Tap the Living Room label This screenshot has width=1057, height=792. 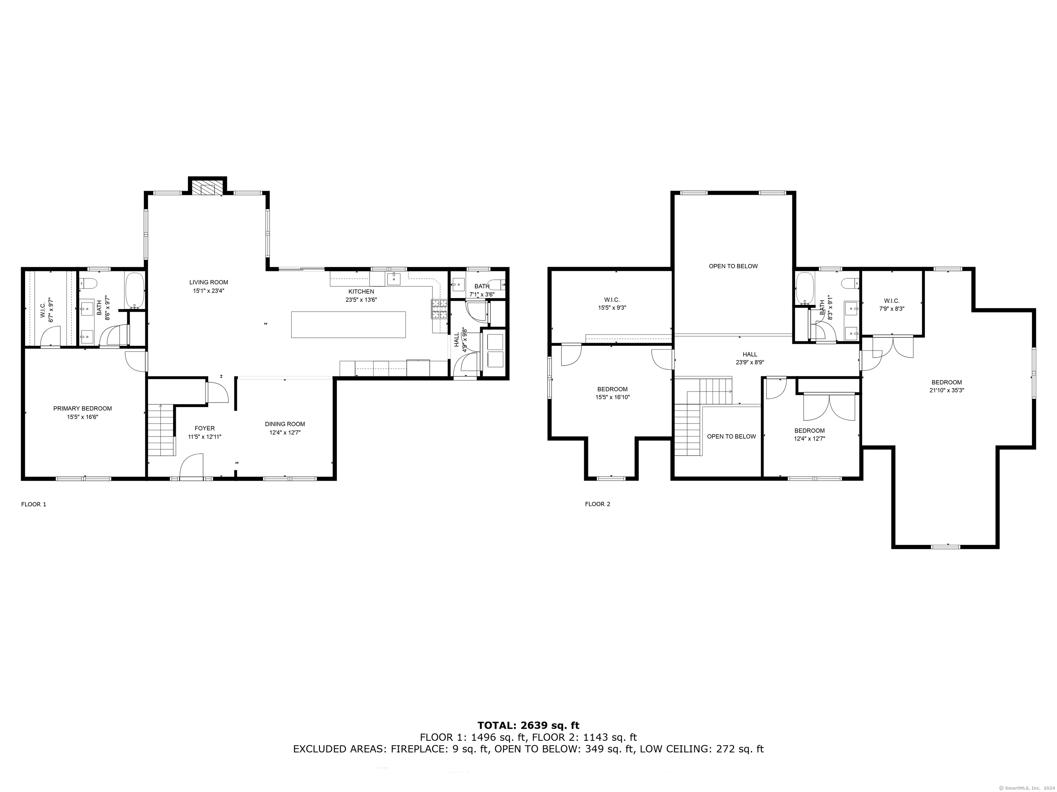pyautogui.click(x=209, y=282)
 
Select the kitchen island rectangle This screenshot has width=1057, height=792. pyautogui.click(x=348, y=324)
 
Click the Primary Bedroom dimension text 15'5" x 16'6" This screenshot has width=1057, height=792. pyautogui.click(x=83, y=417)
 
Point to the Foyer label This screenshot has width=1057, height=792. pyautogui.click(x=204, y=428)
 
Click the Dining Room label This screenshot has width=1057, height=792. pyautogui.click(x=285, y=424)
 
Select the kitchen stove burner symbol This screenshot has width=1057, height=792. pyautogui.click(x=439, y=309)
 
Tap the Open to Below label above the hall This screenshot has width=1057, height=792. pyautogui.click(x=733, y=266)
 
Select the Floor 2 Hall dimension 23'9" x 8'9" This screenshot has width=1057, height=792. pyautogui.click(x=750, y=362)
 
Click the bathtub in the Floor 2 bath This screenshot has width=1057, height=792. pyautogui.click(x=805, y=289)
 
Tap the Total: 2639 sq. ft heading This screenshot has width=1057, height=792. pyautogui.click(x=528, y=726)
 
